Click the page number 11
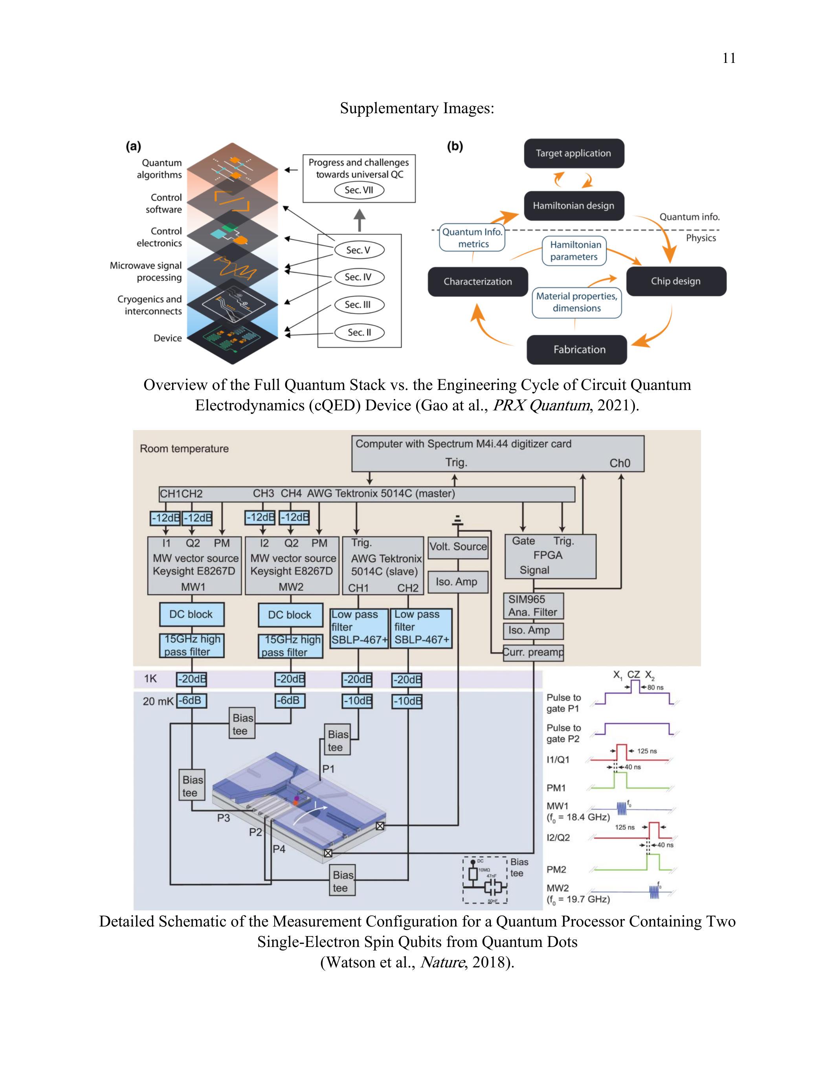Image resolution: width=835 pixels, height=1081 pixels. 729,59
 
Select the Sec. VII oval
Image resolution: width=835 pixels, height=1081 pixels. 359,190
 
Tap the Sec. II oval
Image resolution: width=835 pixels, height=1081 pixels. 359,333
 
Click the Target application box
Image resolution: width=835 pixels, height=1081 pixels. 574,153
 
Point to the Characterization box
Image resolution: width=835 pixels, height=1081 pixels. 478,281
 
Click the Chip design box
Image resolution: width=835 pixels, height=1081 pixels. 676,281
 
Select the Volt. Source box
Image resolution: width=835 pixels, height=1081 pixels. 458,547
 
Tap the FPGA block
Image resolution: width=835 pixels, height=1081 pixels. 550,556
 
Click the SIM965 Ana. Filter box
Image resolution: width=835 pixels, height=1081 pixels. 533,606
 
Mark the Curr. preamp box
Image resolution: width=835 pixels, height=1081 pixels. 533,653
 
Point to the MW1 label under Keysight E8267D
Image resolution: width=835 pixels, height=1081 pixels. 193,587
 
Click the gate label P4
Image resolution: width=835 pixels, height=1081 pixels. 279,849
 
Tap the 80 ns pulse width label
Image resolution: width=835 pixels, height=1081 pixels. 655,688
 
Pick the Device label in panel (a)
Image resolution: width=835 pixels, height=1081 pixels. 168,338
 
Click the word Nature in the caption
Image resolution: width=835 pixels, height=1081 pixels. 442,962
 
